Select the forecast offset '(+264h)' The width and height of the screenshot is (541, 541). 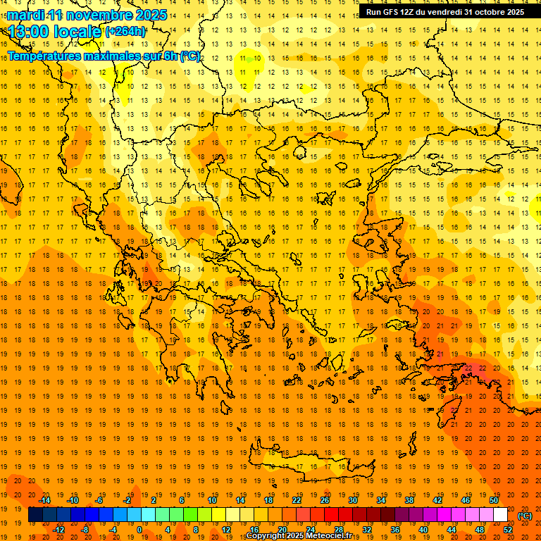[x=126, y=32]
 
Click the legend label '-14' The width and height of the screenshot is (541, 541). [x=45, y=500]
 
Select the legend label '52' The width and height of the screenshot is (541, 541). [x=508, y=530]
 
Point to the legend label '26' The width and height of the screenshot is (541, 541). [x=325, y=500]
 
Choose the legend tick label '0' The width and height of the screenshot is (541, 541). [x=139, y=530]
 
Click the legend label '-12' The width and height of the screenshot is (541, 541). [x=59, y=530]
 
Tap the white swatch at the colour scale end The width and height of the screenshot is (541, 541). [x=500, y=515]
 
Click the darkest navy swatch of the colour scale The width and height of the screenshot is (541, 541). [x=35, y=515]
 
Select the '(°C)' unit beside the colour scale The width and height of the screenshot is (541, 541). [x=525, y=516]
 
